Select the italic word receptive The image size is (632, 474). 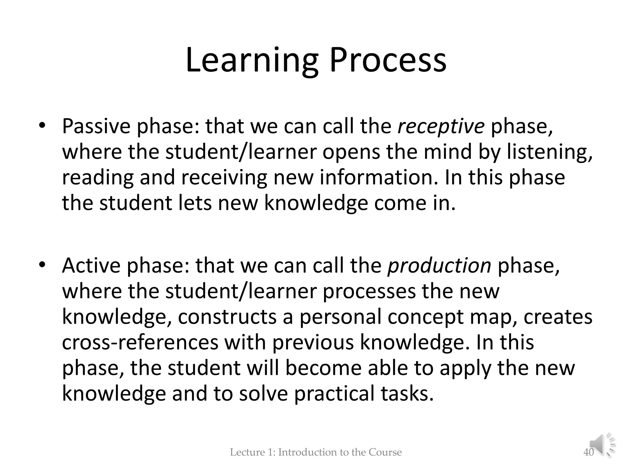(441, 127)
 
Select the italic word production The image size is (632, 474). (439, 266)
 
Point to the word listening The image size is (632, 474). (550, 152)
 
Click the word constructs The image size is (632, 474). (227, 317)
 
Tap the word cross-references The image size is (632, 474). (140, 343)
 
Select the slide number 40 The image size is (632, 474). (588, 452)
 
